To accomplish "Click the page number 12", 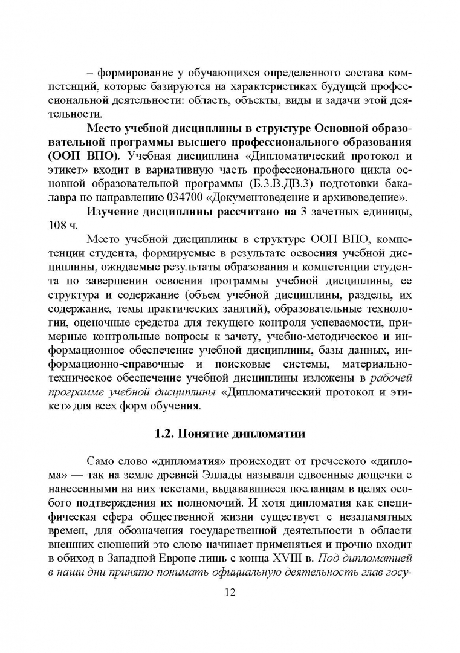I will point(230,591).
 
